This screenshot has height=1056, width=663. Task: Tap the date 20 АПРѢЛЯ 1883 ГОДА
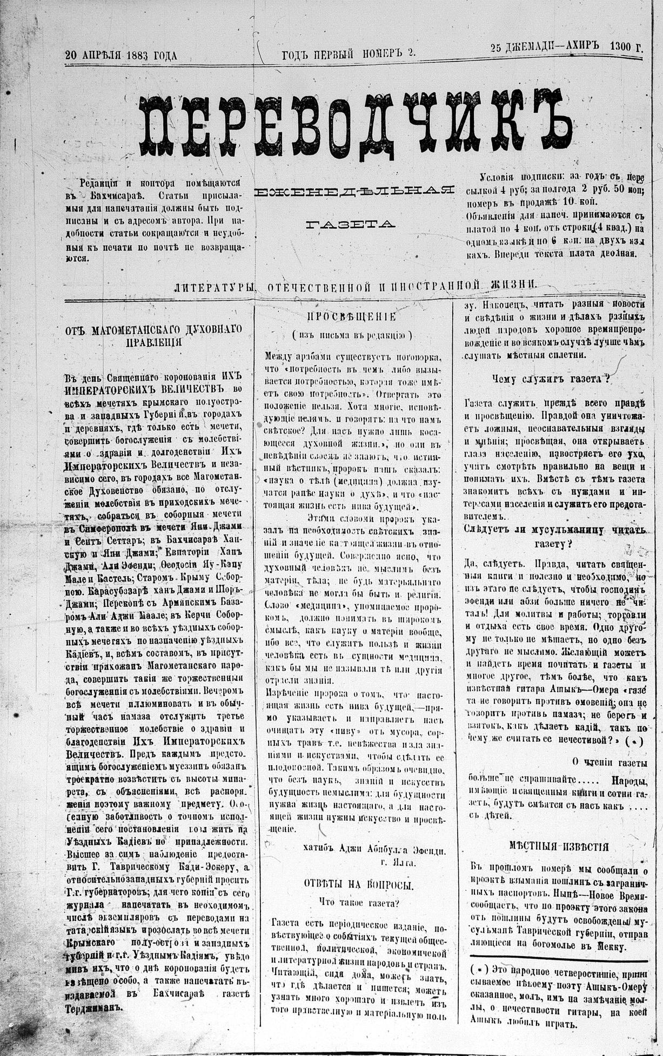tap(121, 55)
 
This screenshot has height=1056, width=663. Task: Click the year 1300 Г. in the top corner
tap(627, 47)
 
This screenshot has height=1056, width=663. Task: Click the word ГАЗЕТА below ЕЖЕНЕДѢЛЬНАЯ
tap(351, 224)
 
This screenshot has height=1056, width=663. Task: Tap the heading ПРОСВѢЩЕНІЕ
tap(351, 317)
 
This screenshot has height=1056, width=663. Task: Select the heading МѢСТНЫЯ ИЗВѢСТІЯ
tap(559, 847)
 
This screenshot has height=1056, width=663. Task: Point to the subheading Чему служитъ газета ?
tap(551, 378)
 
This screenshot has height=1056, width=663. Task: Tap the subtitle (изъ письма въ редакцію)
tap(352, 335)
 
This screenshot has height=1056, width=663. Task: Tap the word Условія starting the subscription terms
tap(498, 178)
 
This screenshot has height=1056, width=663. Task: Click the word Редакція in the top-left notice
tap(101, 183)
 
